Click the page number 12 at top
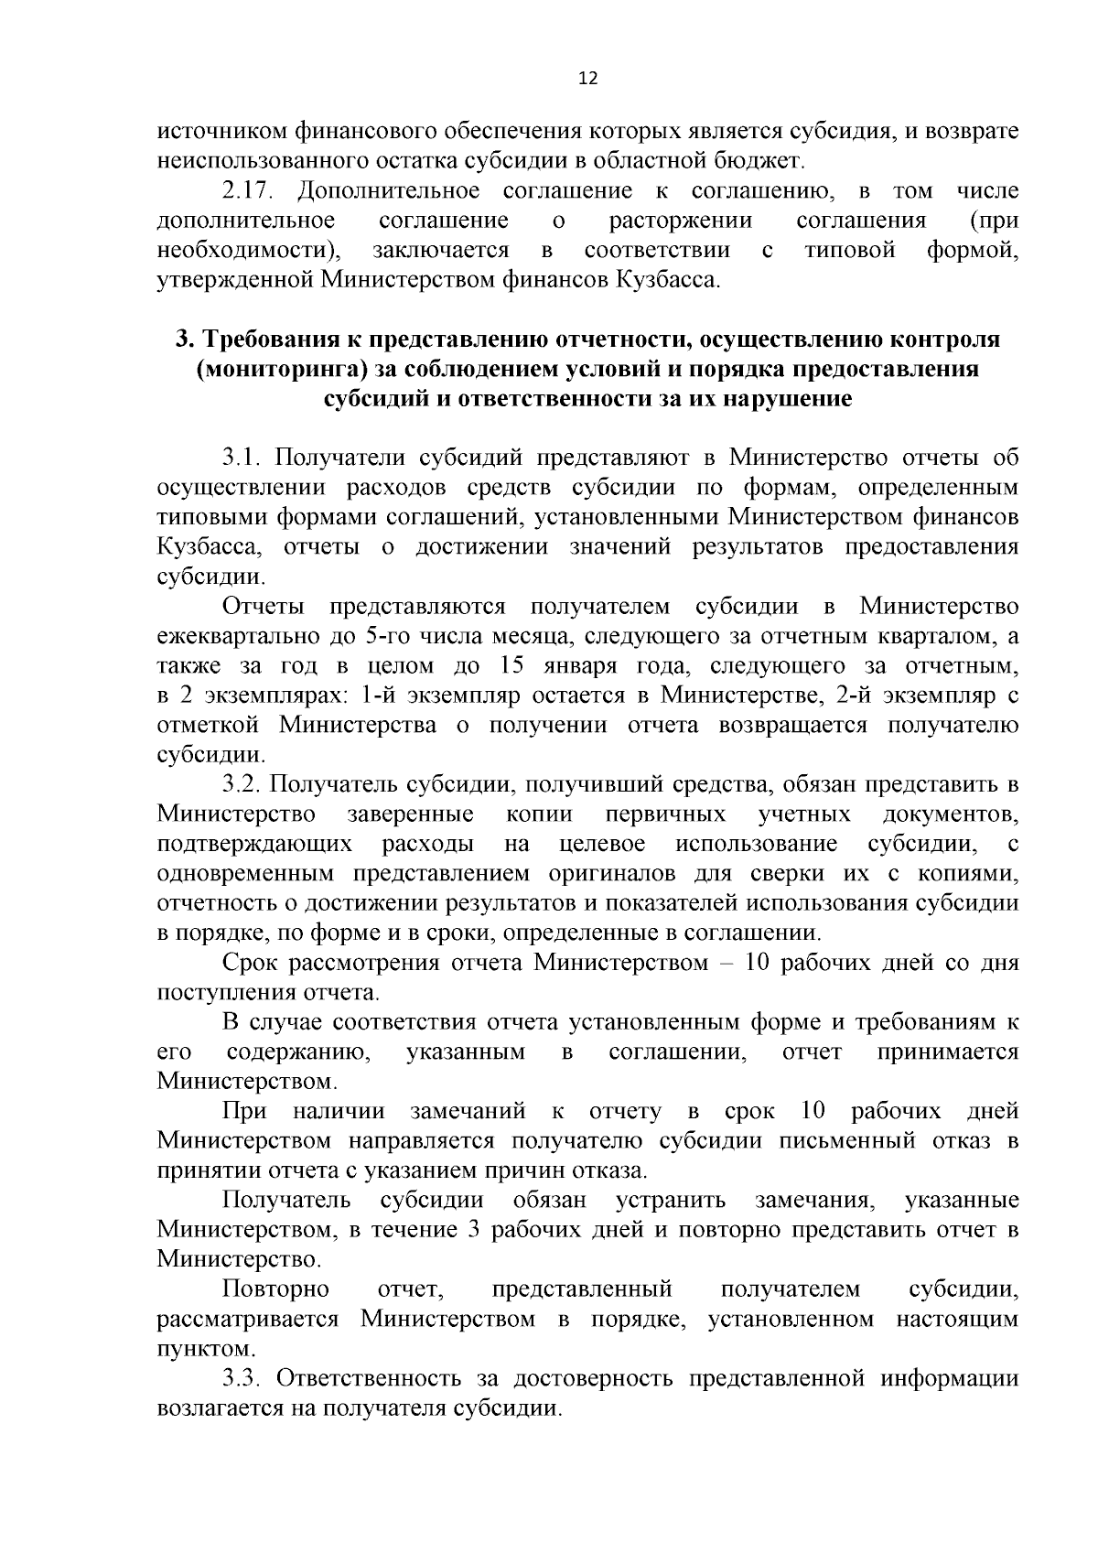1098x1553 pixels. [587, 79]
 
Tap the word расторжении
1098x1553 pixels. [681, 221]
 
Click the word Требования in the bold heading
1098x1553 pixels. [268, 340]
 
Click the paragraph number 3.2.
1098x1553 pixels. [242, 785]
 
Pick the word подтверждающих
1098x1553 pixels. [254, 844]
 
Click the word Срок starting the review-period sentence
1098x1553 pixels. [250, 963]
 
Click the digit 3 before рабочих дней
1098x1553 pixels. [474, 1230]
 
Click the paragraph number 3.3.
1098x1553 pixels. [242, 1378]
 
